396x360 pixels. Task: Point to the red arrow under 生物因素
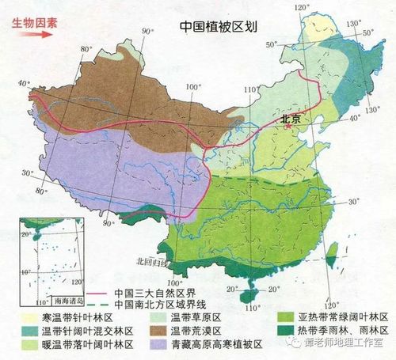tap(36, 35)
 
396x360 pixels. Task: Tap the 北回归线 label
tap(149, 260)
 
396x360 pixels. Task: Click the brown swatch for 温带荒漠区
tap(157, 331)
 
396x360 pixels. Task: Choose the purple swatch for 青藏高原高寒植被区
tap(157, 345)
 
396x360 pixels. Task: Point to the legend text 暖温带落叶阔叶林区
tap(74, 345)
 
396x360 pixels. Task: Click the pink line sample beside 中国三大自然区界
tap(98, 291)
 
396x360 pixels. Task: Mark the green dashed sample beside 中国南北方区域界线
tap(98, 304)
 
